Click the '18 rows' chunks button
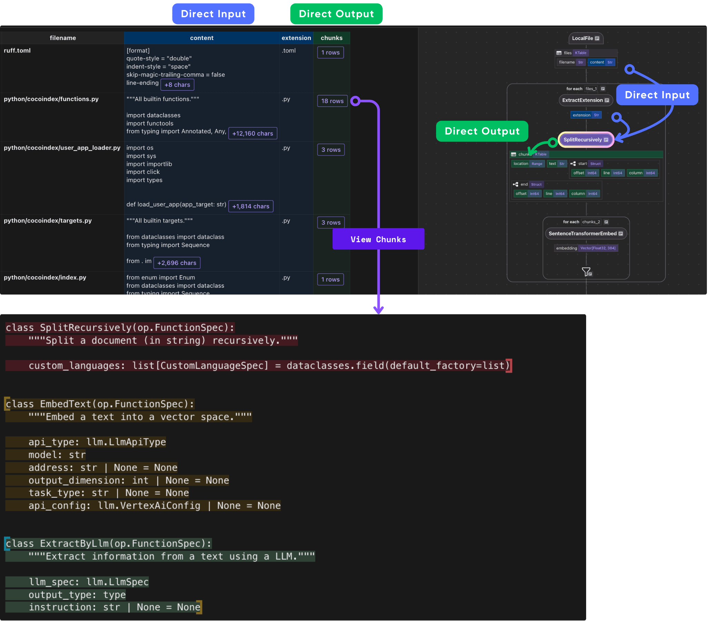pyautogui.click(x=332, y=101)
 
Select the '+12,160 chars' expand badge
pyautogui.click(x=253, y=134)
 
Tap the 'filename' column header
pyautogui.click(x=62, y=38)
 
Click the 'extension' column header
pyautogui.click(x=296, y=38)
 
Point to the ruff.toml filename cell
pyautogui.click(x=17, y=51)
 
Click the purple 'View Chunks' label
pyautogui.click(x=378, y=239)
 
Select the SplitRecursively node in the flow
pyautogui.click(x=585, y=140)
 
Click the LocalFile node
pyautogui.click(x=585, y=38)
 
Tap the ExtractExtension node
pyautogui.click(x=585, y=100)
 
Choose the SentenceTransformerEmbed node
pyautogui.click(x=585, y=234)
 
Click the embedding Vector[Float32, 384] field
pyautogui.click(x=585, y=248)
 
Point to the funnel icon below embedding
pyautogui.click(x=586, y=272)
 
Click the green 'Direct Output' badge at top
pyautogui.click(x=336, y=14)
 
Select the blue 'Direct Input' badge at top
pyautogui.click(x=213, y=14)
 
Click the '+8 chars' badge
pyautogui.click(x=177, y=85)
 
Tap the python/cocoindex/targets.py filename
pyautogui.click(x=48, y=221)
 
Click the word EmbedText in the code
pyautogui.click(x=65, y=404)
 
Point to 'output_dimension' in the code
pyautogui.click(x=77, y=480)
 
